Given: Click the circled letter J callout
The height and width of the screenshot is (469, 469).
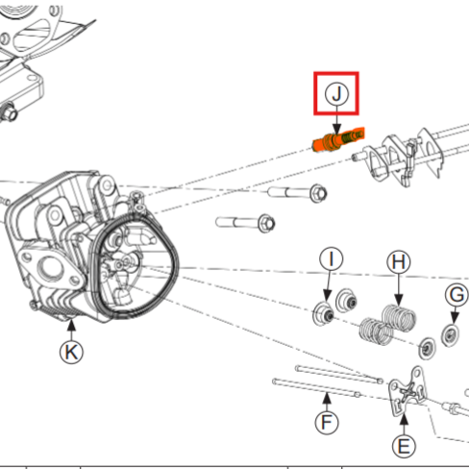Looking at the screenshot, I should click(x=336, y=94).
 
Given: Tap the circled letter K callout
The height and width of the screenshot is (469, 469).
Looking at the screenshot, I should click(x=70, y=352).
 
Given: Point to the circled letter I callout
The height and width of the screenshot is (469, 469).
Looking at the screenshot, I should click(x=331, y=260).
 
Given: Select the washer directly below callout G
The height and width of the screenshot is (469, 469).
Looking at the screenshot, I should click(x=448, y=333).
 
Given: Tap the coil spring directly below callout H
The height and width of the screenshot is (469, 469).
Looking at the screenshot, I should click(x=394, y=318).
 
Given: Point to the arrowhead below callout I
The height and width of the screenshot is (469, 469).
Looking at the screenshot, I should click(x=327, y=298).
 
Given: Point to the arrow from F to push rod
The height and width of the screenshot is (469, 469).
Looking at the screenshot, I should click(x=329, y=398).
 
